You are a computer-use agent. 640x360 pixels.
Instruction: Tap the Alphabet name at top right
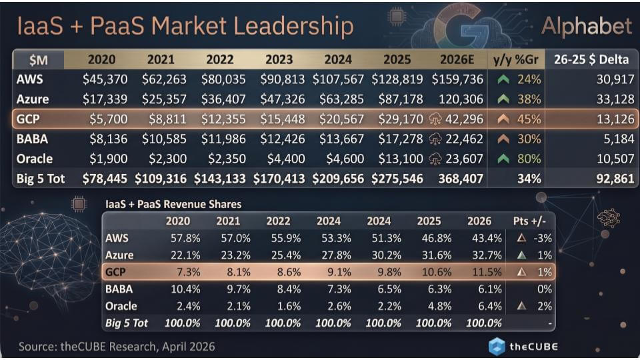(586, 26)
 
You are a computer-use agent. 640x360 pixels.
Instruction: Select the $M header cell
(40, 60)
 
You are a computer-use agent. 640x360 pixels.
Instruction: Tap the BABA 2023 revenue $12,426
(282, 139)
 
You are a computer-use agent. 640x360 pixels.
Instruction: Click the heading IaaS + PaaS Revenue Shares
(173, 204)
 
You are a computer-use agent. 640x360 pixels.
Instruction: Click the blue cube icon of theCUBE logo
(497, 347)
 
